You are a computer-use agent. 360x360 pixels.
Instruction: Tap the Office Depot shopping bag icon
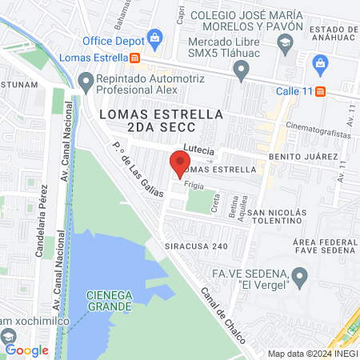click(155, 37)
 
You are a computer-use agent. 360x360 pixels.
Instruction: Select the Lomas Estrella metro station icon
click(136, 58)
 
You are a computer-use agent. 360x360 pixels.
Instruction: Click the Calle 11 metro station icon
click(320, 91)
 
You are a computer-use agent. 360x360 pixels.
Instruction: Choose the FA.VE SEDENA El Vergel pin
click(300, 278)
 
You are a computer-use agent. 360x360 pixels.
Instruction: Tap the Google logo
click(26, 350)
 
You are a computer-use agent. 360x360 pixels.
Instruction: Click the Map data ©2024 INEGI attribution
click(311, 354)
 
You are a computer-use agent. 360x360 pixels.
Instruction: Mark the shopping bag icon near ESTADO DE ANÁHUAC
click(320, 62)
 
